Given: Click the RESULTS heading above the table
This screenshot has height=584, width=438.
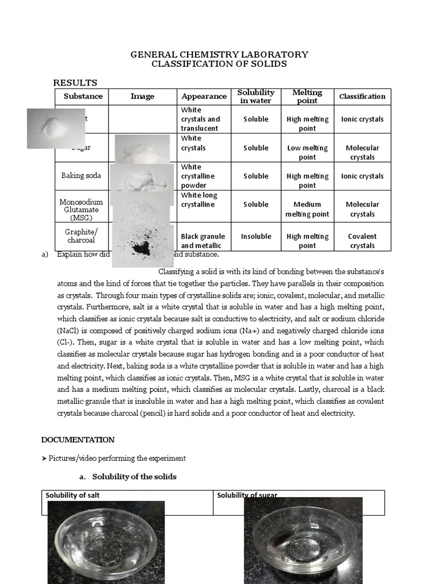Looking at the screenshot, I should pos(75,83).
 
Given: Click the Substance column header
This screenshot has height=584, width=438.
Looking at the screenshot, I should pos(83,96).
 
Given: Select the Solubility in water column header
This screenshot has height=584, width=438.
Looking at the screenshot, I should pos(256,96).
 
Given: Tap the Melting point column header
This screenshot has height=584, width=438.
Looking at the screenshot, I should pos(307,96).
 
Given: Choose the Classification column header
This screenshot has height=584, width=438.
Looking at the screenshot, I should pos(362,96).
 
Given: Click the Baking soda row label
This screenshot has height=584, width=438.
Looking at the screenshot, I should pos(81,176).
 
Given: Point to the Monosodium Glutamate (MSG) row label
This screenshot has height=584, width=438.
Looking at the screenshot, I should pos(81,209).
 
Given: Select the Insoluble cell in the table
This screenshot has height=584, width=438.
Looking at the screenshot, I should pos(255,236).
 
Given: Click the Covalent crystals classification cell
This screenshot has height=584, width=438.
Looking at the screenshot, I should pos(362,241).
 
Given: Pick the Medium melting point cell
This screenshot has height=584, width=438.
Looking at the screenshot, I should pos(307,209).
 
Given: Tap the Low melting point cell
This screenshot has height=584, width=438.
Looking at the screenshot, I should pos(307,152).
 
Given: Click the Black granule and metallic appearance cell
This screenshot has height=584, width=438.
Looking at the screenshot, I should pos(202,241).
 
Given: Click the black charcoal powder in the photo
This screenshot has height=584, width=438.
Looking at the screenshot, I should pos(140,247).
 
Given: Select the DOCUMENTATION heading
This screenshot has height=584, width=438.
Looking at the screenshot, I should pos(78,440).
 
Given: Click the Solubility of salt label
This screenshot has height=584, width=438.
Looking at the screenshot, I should pos(72,495).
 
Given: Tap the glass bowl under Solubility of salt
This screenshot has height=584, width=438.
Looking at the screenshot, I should pos(106,542).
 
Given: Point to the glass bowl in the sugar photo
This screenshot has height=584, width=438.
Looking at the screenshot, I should pos(303,542).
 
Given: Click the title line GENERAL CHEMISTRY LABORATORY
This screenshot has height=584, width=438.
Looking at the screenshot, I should pos(219,55).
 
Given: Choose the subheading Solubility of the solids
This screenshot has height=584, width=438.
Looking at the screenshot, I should pos(134,476).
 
